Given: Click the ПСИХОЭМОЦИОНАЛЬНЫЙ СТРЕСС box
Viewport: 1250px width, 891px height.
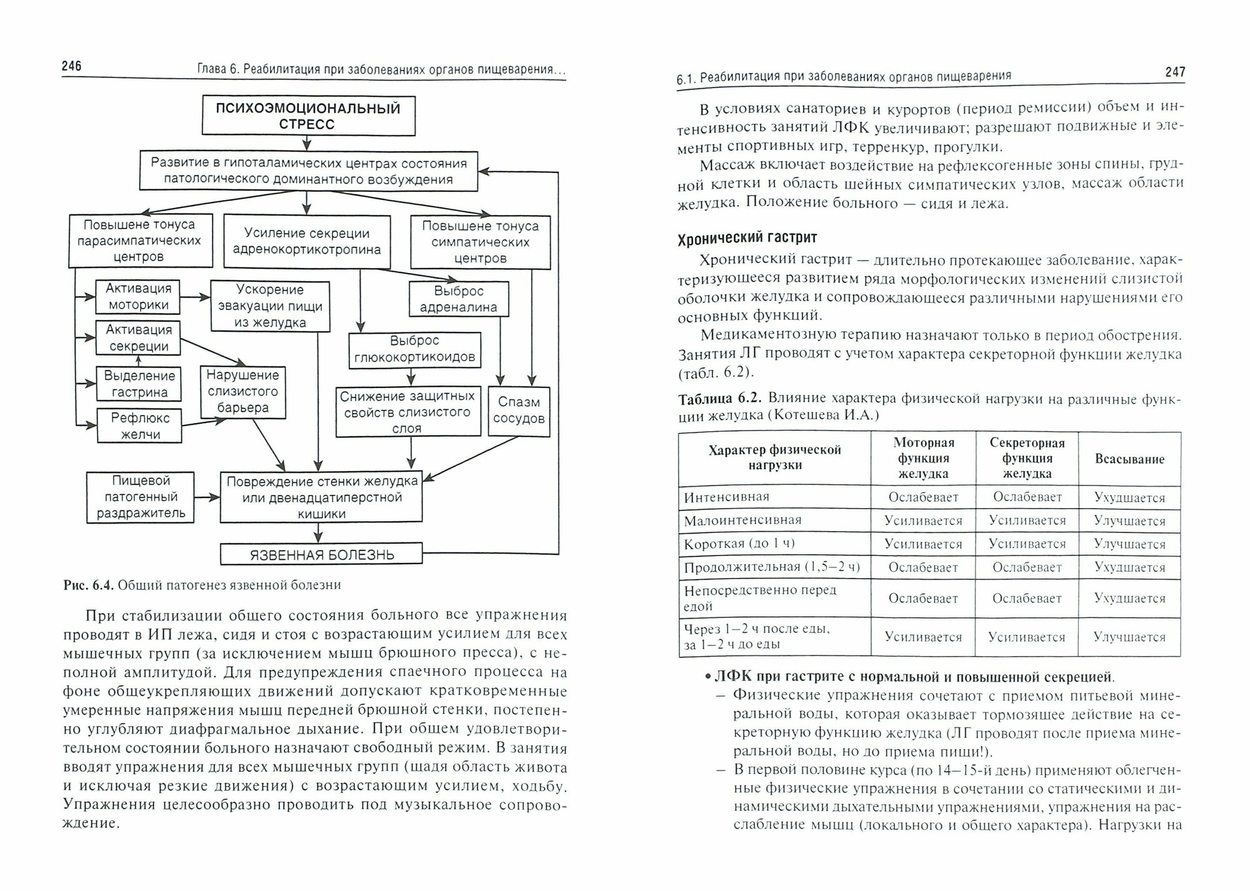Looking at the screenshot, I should (x=308, y=116).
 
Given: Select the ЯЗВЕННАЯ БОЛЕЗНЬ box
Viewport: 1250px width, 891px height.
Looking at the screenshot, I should (x=321, y=554).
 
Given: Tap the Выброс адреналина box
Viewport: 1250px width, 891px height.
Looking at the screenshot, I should (x=459, y=299).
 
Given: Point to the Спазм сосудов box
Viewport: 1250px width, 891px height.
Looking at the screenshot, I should (x=519, y=411).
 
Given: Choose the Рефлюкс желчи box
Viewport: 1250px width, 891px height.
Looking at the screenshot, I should (x=139, y=426).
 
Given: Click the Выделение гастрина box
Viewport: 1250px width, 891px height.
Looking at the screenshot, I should (x=139, y=384).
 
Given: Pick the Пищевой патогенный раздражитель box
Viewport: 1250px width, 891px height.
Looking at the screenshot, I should (x=140, y=497).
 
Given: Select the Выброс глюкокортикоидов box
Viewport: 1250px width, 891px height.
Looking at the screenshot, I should (x=414, y=349).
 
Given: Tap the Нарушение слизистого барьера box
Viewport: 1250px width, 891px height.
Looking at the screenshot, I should (x=242, y=392).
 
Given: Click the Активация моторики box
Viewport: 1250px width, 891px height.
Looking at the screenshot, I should (x=138, y=297).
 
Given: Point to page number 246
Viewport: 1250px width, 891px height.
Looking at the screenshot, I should (x=72, y=66).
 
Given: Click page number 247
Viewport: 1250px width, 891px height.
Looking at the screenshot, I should (x=1175, y=72).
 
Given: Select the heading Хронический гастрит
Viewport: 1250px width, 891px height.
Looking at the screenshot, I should (x=747, y=238).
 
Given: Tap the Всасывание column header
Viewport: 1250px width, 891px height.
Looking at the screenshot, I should (x=1129, y=459).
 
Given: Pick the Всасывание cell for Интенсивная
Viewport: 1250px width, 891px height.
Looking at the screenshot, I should (x=1129, y=498).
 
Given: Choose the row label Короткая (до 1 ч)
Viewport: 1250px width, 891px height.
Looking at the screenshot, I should (x=739, y=544).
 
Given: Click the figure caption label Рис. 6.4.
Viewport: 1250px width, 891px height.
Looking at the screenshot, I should (x=88, y=585).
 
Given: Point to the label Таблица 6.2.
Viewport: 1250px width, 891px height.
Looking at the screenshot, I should (x=720, y=399).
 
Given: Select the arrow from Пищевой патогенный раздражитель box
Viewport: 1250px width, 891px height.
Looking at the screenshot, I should (x=207, y=497).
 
